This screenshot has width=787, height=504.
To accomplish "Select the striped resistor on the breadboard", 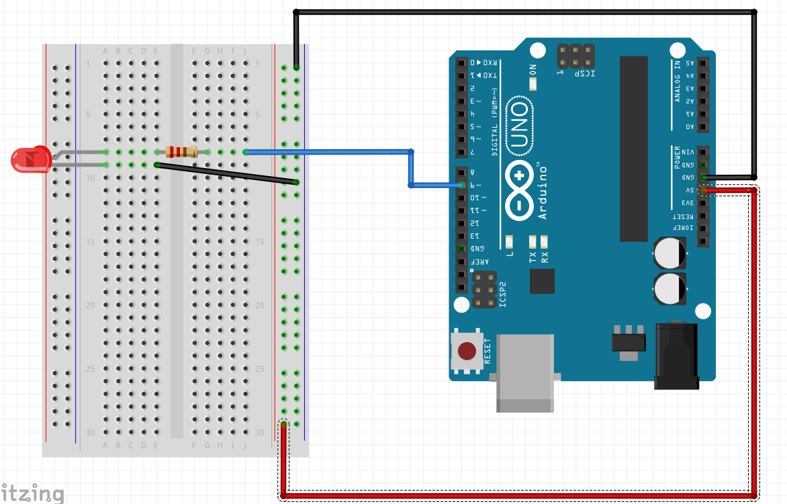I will click(x=181, y=152).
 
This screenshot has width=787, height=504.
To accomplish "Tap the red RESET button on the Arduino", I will click(x=467, y=351).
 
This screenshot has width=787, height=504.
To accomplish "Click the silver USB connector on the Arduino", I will click(x=525, y=372).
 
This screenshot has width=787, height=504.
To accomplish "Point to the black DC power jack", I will click(x=676, y=356).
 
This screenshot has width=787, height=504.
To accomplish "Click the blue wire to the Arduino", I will click(x=329, y=152).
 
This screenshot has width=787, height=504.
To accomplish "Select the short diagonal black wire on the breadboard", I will click(x=225, y=173).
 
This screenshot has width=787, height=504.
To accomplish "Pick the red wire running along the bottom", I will click(x=517, y=496).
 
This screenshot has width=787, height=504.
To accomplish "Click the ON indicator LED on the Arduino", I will click(x=533, y=84).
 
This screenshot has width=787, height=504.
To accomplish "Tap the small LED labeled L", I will click(x=509, y=241).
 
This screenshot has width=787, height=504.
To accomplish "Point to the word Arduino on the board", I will click(x=543, y=192).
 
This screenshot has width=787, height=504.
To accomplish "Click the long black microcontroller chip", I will click(x=633, y=148).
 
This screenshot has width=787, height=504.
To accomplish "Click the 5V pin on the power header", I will click(x=702, y=191).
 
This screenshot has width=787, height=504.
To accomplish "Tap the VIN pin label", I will click(x=688, y=153).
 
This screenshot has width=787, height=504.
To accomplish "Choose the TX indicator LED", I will click(x=533, y=241).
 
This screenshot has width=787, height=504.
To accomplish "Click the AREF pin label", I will click(x=483, y=262).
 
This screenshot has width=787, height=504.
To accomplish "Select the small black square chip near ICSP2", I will click(x=542, y=281).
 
